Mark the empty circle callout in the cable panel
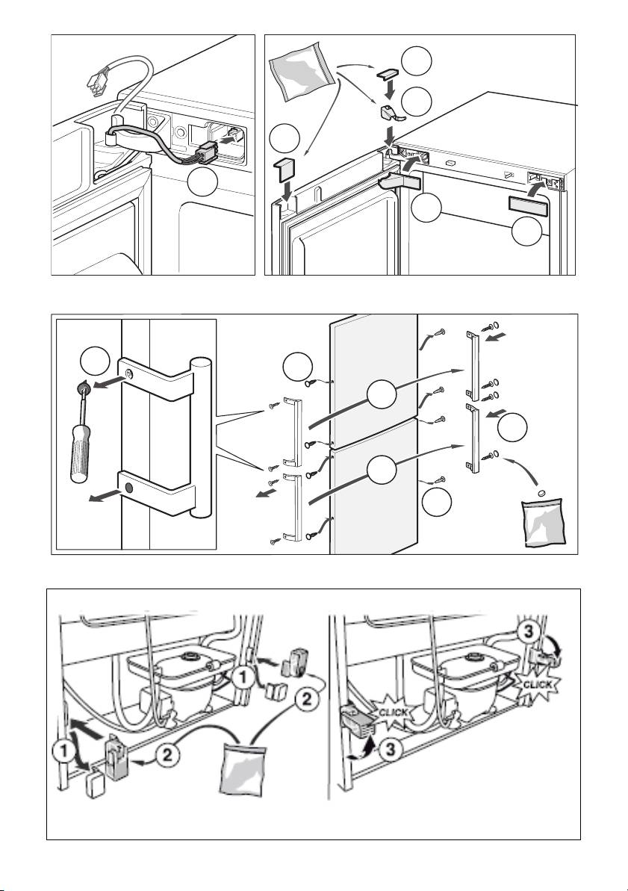pos(205,184)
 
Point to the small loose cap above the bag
pos(542,493)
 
